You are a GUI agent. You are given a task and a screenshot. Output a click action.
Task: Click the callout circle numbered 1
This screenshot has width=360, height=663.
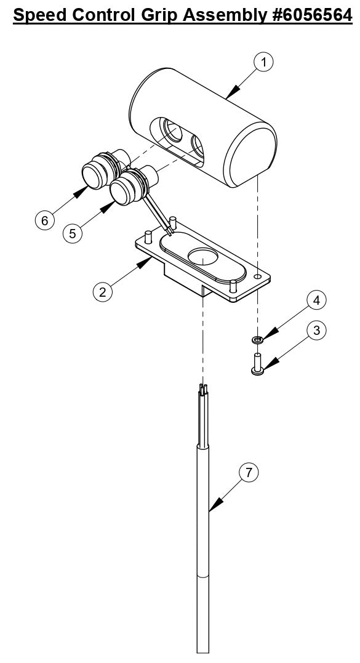pyautogui.click(x=264, y=62)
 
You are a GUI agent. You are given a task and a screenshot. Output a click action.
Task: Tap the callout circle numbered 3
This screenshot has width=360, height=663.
pyautogui.click(x=316, y=331)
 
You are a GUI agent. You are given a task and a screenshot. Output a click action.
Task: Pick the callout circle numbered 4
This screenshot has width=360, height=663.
pyautogui.click(x=316, y=301)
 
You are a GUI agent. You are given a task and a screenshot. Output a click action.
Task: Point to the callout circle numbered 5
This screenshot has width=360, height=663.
pyautogui.click(x=72, y=234)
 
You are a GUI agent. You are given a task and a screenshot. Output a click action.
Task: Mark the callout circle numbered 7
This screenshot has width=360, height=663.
pyautogui.click(x=249, y=473)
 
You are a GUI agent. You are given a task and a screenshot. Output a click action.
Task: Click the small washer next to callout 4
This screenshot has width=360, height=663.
pyautogui.click(x=257, y=339)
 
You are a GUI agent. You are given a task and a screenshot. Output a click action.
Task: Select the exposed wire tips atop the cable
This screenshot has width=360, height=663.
pyautogui.click(x=202, y=389)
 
